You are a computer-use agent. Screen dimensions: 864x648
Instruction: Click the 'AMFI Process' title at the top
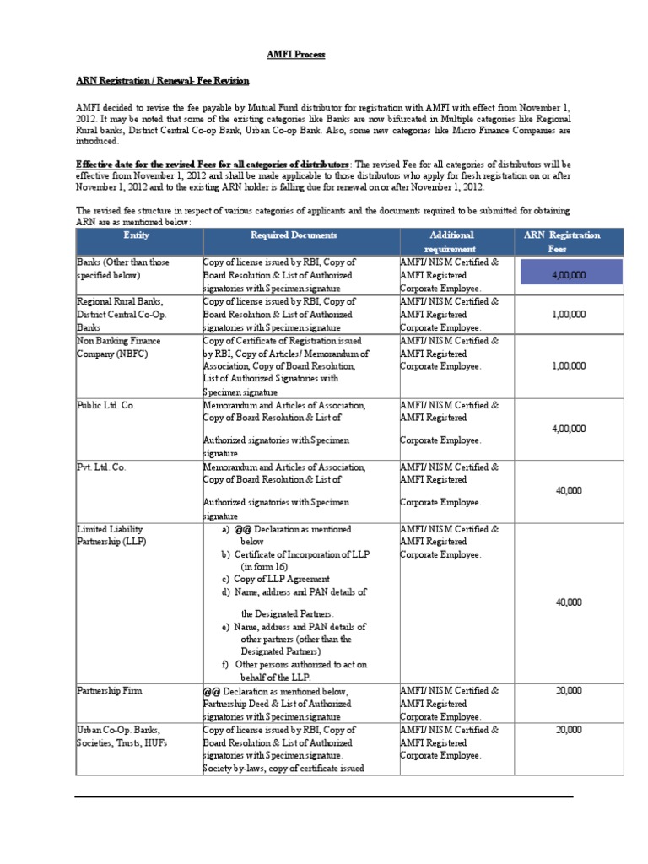pos(295,55)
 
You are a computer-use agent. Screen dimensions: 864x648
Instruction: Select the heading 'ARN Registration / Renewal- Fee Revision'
pos(163,81)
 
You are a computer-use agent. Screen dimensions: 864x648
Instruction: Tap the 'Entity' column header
pos(137,235)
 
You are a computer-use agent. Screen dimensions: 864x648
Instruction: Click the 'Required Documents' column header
pos(294,235)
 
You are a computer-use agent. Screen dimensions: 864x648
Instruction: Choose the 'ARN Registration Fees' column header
pos(562,242)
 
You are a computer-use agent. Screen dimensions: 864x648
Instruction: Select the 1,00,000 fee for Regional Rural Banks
pos(568,314)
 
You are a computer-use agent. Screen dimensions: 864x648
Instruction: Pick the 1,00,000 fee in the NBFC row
pos(568,366)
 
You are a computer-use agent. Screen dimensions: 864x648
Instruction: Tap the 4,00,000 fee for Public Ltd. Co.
pos(568,429)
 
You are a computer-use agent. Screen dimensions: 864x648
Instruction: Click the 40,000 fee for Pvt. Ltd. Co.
pos(568,490)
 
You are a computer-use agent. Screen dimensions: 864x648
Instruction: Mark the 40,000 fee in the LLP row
pos(568,602)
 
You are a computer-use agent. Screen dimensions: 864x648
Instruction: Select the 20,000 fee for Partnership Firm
pos(568,690)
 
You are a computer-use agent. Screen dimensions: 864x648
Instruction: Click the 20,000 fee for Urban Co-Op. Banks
pos(568,730)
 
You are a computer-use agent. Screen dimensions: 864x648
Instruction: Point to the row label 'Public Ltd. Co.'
pos(106,406)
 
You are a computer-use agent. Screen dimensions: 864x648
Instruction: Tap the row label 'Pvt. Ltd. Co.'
pos(102,467)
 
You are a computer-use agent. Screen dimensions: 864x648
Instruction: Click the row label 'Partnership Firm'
pos(110,691)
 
